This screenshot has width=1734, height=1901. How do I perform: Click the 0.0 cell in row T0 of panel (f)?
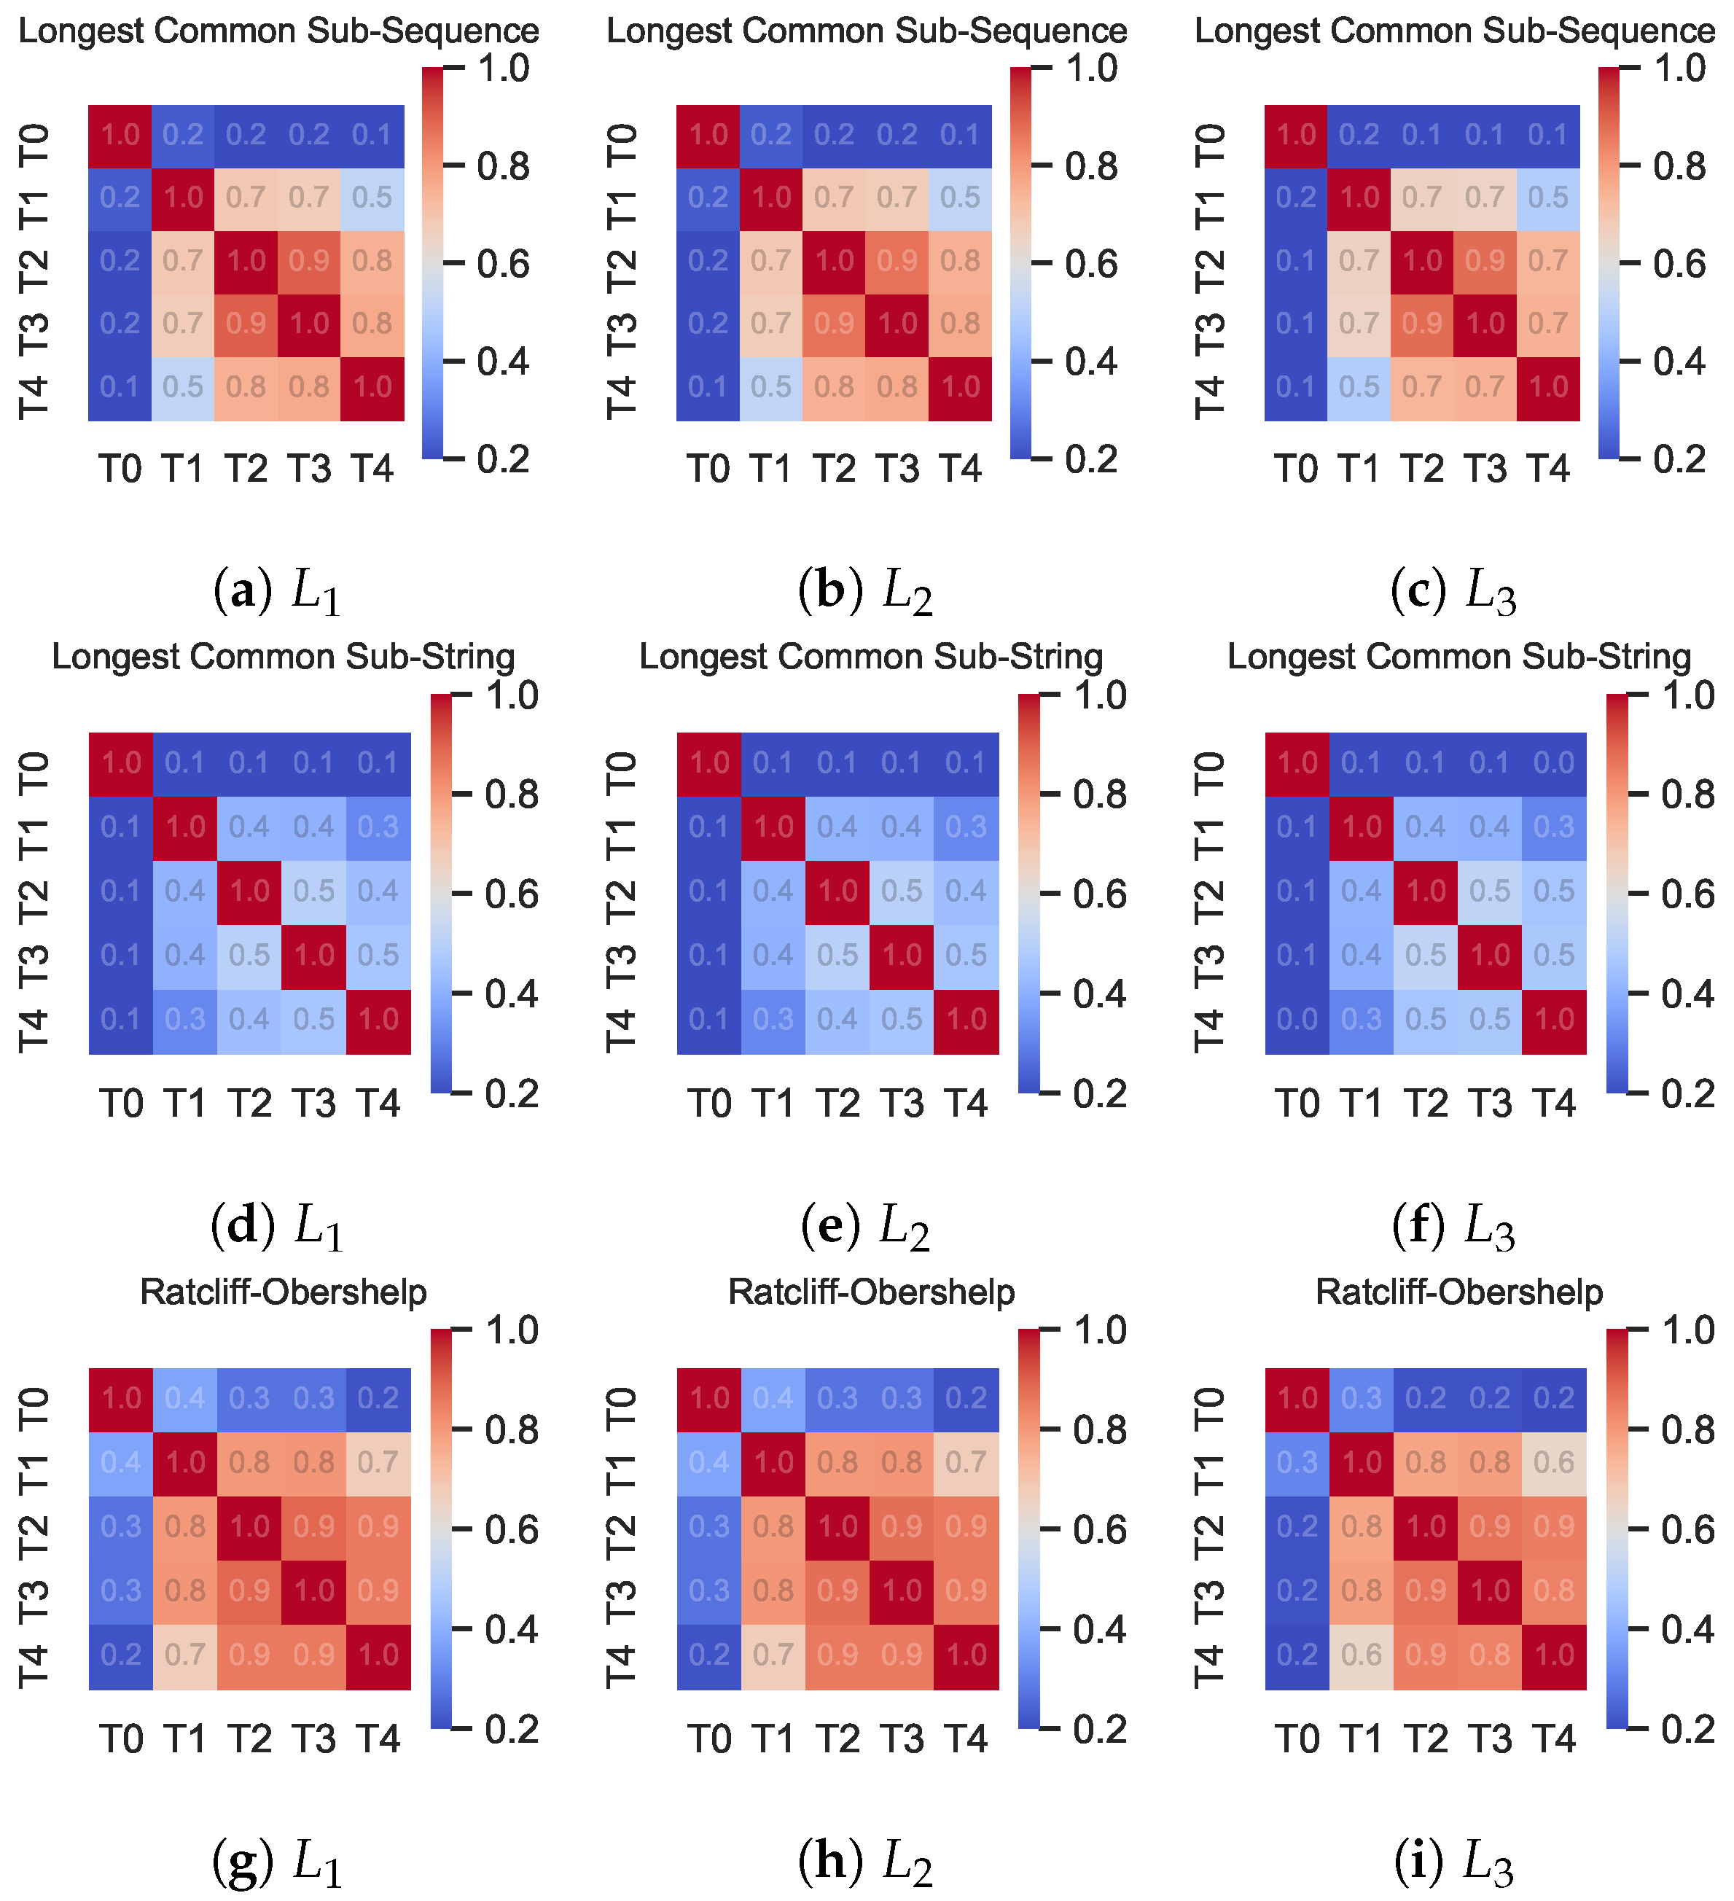[1554, 763]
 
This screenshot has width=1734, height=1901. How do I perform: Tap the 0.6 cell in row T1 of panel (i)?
[1554, 1462]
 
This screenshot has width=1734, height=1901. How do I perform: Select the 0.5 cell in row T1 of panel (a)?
[372, 197]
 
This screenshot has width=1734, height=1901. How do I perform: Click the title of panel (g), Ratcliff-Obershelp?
[283, 1292]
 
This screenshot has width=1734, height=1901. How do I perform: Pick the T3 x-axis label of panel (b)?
[897, 469]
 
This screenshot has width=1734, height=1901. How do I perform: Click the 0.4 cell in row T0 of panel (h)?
[773, 1398]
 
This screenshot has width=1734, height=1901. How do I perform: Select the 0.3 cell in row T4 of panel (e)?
[773, 1019]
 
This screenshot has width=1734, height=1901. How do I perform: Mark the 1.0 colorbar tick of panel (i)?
[1687, 1330]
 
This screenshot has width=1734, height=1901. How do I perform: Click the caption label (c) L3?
[1453, 592]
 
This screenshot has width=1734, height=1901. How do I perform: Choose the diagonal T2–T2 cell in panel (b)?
[835, 261]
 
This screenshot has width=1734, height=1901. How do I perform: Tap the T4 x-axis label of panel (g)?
[378, 1738]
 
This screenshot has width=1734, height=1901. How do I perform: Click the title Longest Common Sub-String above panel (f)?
[1458, 656]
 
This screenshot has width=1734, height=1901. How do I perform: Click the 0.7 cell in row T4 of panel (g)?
[185, 1655]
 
